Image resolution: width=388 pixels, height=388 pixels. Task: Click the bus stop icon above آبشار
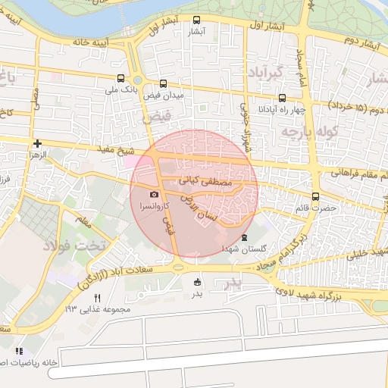click(x=197, y=20)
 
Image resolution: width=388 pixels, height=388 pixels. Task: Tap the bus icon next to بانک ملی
click(x=120, y=77)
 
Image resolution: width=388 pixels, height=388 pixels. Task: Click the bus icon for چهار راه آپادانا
click(x=283, y=97)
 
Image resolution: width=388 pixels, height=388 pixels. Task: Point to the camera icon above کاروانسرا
click(x=155, y=195)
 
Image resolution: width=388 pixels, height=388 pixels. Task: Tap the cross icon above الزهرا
click(x=37, y=142)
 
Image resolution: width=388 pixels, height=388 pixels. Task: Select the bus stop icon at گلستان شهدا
click(x=244, y=236)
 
